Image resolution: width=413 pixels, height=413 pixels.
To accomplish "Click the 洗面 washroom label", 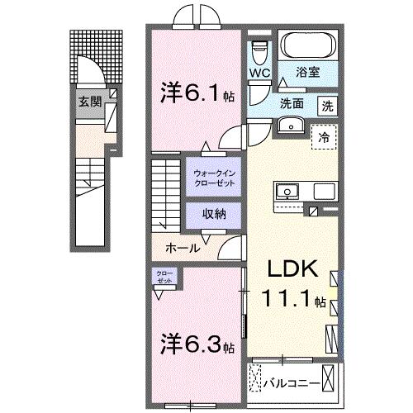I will (292, 104).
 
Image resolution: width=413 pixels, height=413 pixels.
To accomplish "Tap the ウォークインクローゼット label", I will (214, 177).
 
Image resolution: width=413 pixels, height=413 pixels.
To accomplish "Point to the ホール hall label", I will (182, 248).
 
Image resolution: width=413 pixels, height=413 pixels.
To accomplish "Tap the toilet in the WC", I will (259, 51).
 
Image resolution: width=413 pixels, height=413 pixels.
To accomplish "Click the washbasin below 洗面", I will (291, 125).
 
